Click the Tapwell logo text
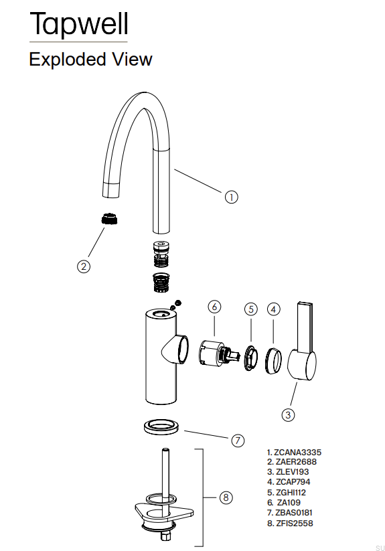[x=79, y=24]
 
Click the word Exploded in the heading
[x=68, y=60]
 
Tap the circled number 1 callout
[x=231, y=197]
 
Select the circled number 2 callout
[x=84, y=266]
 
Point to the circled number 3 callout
[x=288, y=414]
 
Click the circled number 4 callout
[x=274, y=309]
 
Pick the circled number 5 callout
[x=251, y=309]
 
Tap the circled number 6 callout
[x=214, y=307]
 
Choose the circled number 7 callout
[x=238, y=441]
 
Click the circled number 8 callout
[x=226, y=497]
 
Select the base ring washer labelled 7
[x=161, y=427]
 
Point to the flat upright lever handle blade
[x=305, y=327]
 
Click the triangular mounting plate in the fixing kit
[x=163, y=511]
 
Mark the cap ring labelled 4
[x=273, y=361]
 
